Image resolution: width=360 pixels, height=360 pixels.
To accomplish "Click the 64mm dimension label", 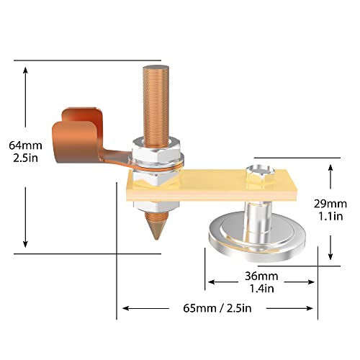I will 24,145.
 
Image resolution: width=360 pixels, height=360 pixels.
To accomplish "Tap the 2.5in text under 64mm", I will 24,158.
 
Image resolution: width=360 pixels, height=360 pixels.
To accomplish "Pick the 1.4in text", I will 263,288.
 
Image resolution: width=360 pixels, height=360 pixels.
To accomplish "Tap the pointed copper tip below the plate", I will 155,229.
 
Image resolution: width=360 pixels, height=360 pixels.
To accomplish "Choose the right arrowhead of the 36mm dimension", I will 315,282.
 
